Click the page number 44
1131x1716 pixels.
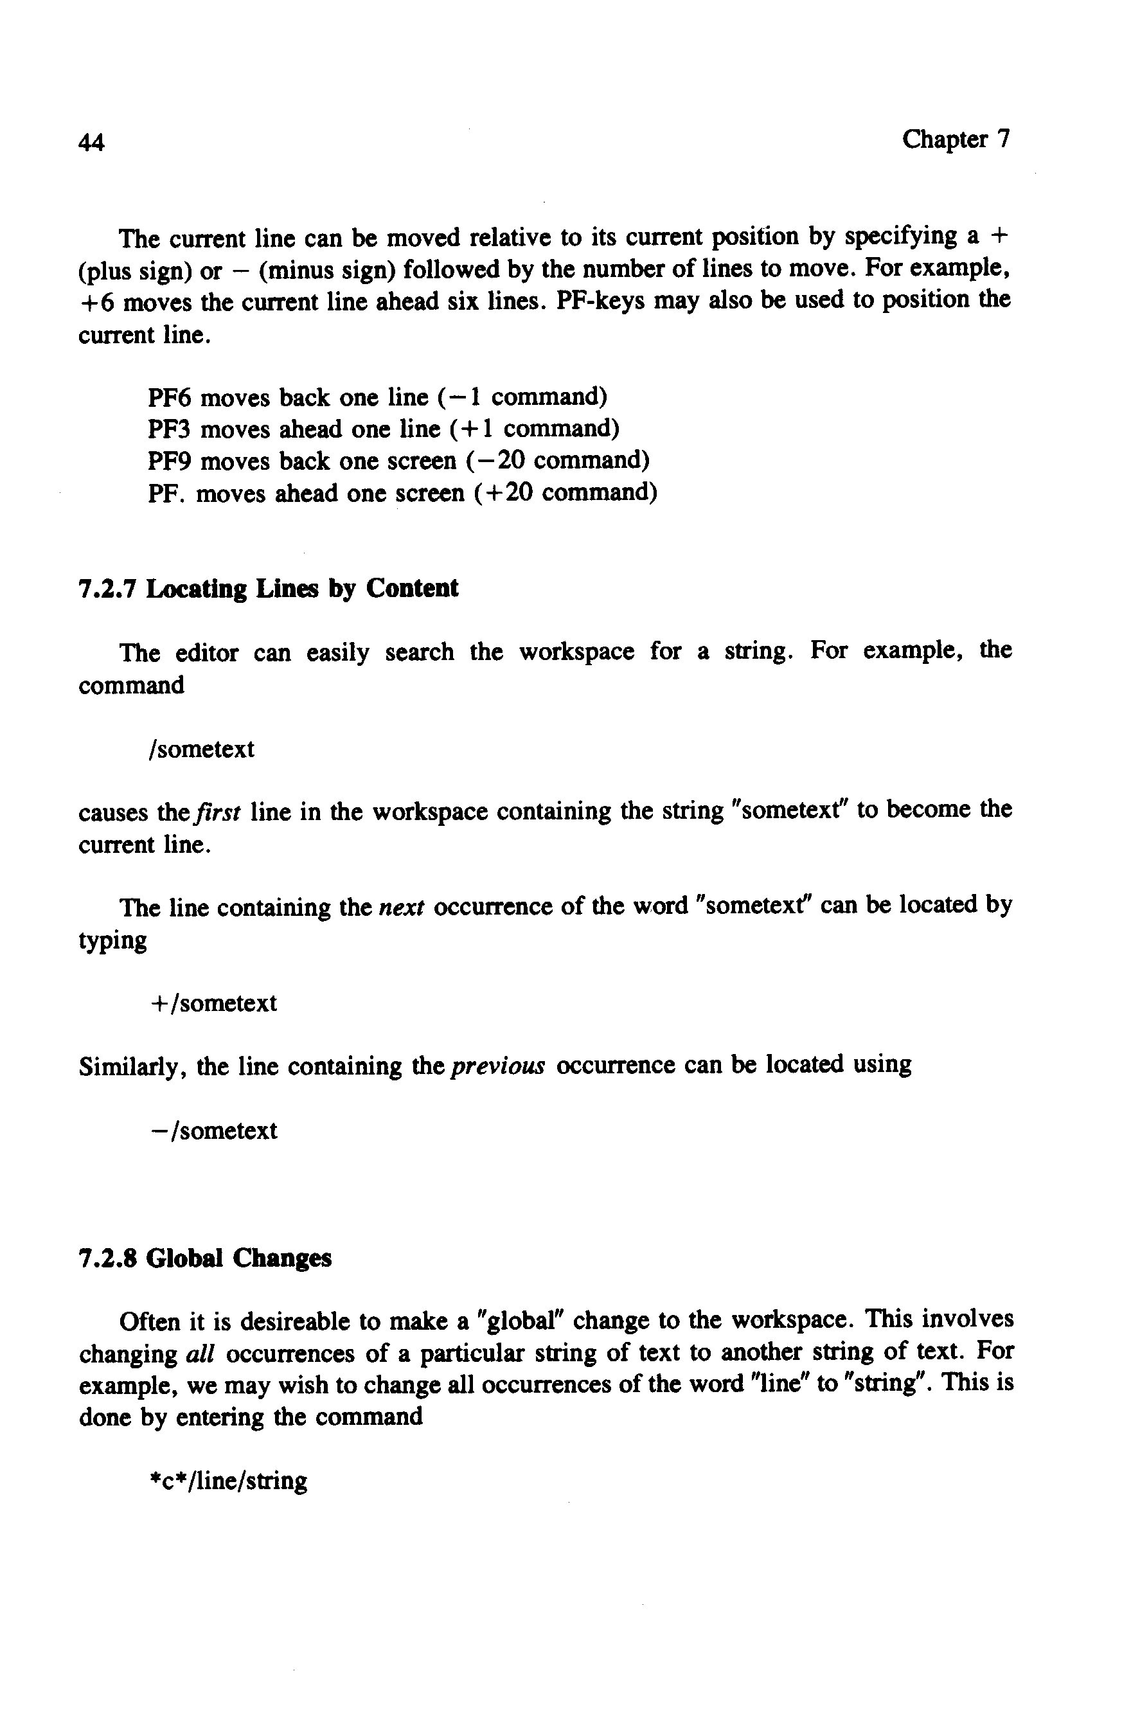pos(92,143)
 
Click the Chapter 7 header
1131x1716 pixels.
pos(955,139)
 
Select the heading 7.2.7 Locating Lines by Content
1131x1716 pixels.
pos(267,589)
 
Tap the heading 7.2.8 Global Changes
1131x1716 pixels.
pos(205,1258)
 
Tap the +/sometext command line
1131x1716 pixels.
pos(213,1003)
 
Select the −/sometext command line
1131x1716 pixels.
pos(214,1131)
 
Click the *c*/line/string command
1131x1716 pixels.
pos(228,1481)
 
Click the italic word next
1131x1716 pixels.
pos(402,907)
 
